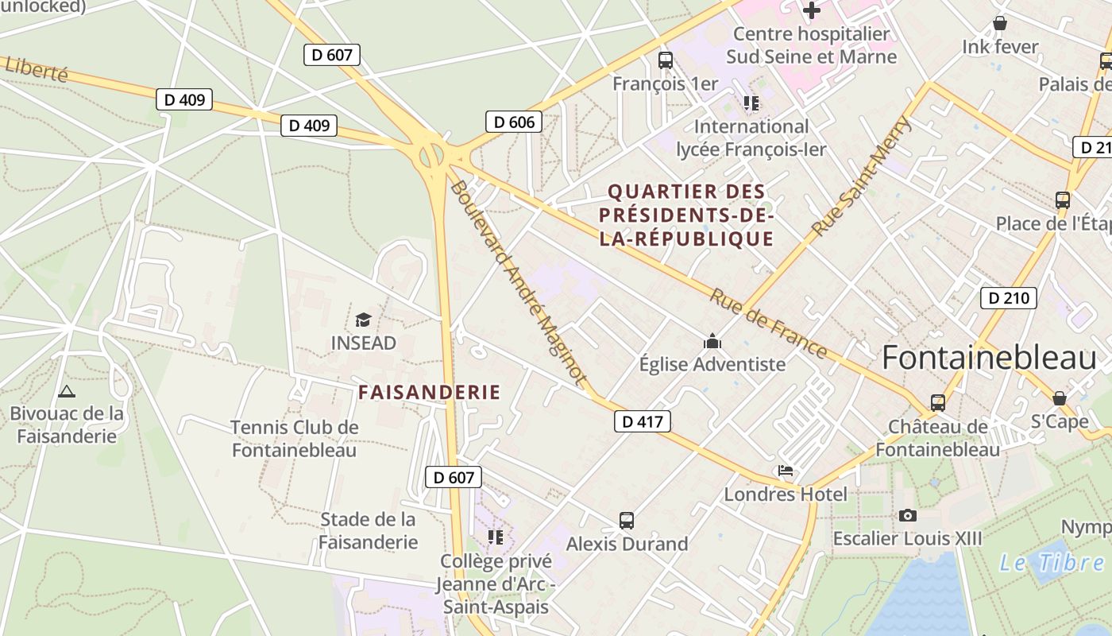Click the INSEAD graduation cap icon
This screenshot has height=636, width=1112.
pos(363,320)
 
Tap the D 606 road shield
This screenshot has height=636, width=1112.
pos(513,122)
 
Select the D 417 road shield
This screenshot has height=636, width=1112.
pos(642,421)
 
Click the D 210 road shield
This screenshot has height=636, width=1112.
pos(1009,298)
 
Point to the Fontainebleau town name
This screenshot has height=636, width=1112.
pos(988,359)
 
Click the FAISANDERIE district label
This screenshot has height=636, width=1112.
pos(429,392)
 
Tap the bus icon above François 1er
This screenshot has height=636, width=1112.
pos(665,60)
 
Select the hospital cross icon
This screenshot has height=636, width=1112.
pos(811,10)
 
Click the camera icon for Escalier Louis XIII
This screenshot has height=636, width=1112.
pos(907,515)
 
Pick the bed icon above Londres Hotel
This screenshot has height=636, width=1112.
pos(786,471)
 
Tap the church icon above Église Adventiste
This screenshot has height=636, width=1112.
pos(712,342)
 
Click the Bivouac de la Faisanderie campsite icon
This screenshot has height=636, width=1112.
pos(67,391)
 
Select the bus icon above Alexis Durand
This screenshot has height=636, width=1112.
pos(627,521)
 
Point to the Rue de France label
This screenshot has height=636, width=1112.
pos(767,324)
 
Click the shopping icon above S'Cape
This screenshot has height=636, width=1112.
pos(1059,397)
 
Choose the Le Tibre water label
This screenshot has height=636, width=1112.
pos(1050,563)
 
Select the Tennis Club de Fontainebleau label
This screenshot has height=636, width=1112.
pos(294,438)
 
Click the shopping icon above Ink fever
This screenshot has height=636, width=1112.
pos(999,23)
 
